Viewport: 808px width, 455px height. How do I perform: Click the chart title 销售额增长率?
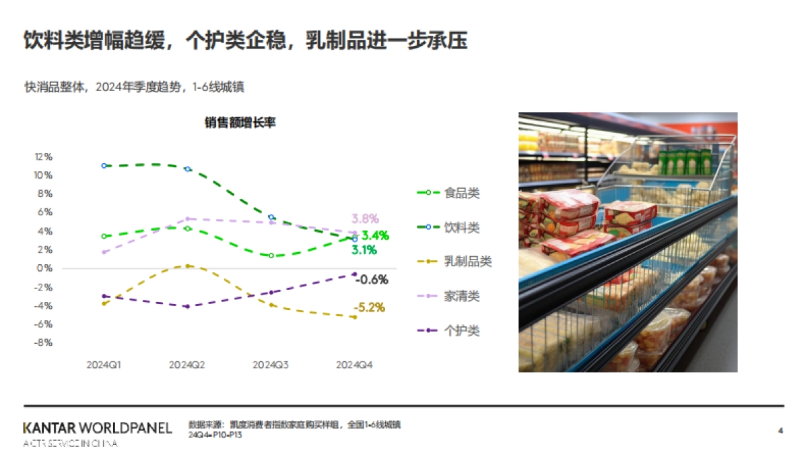[x=240, y=123]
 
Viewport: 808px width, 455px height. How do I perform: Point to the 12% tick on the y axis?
[x=44, y=156]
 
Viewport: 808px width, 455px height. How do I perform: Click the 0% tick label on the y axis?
[x=44, y=268]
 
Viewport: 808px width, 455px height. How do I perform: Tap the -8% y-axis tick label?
[x=44, y=342]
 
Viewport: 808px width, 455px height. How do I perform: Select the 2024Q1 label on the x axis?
[x=104, y=365]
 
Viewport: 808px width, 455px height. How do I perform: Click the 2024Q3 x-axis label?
[x=271, y=365]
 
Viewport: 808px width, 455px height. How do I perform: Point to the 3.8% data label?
[x=365, y=219]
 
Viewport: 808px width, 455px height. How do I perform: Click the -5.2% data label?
[x=370, y=308]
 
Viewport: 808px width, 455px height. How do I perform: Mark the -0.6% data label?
[x=372, y=280]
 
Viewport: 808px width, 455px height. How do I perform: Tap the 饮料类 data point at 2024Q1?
[x=104, y=165]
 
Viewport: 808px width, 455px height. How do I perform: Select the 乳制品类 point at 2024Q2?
[x=188, y=266]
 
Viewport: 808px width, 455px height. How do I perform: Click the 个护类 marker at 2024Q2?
[x=188, y=306]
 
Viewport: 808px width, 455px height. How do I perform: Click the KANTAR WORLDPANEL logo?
[x=98, y=428]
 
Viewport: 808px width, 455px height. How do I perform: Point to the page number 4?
[x=780, y=430]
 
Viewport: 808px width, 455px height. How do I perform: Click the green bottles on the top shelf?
[x=685, y=162]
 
